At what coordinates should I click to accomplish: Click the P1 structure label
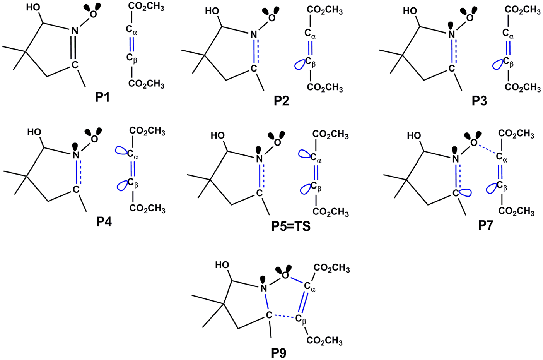102,97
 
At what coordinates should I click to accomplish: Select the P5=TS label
291,226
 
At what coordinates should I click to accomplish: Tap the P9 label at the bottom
279,353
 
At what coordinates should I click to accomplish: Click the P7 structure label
485,226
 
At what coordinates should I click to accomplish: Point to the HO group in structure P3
410,11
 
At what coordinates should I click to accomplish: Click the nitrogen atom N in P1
75,31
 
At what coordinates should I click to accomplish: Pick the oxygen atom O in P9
285,275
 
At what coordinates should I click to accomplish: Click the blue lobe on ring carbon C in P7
464,193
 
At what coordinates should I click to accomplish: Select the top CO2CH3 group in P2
324,11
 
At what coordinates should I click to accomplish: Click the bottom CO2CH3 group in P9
324,341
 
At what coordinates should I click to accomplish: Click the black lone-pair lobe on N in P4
76,146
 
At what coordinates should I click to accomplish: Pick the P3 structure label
479,101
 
